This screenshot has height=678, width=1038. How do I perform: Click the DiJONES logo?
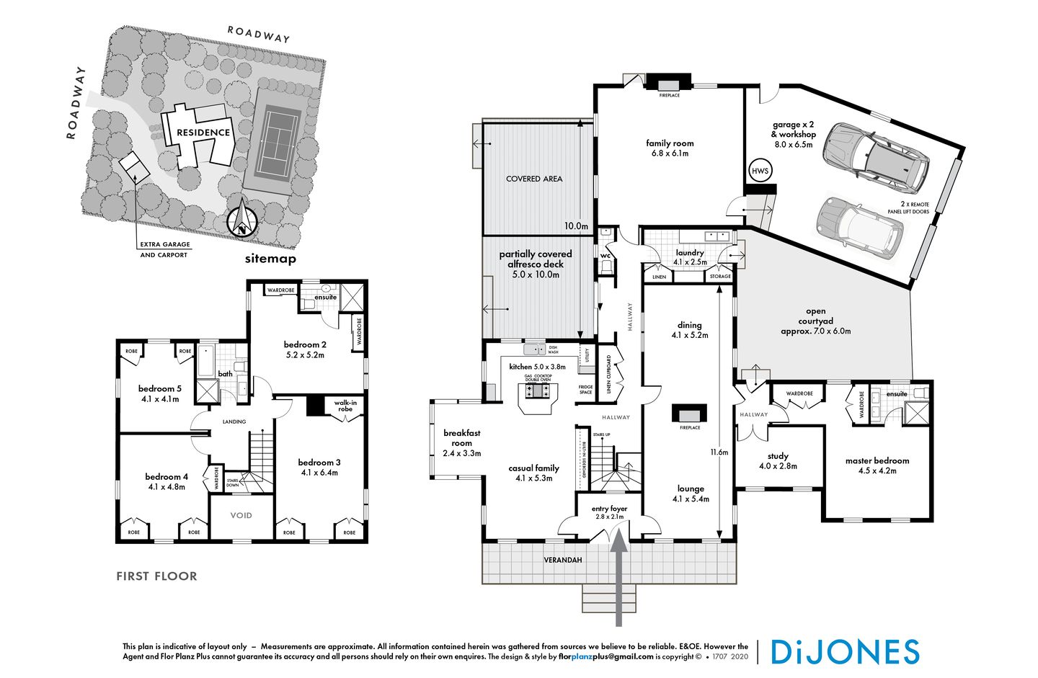click(845, 651)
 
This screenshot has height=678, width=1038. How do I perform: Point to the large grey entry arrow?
click(619, 576)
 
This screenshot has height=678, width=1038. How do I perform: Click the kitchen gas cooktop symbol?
click(538, 392)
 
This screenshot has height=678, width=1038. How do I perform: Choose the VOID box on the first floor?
click(241, 515)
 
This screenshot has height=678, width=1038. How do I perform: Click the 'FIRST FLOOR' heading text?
click(156, 576)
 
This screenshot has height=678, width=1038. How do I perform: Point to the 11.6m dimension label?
click(719, 452)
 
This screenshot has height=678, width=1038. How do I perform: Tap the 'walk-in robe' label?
click(345, 406)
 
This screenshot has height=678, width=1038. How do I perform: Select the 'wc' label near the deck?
click(605, 254)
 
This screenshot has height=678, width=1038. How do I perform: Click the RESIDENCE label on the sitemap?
click(203, 133)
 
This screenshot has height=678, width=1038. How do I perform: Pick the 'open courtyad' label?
click(815, 321)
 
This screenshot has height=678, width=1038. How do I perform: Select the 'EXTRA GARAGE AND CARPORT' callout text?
click(164, 249)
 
